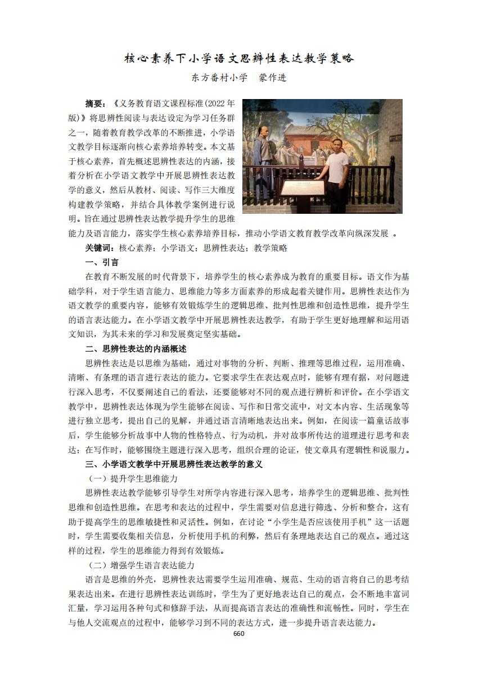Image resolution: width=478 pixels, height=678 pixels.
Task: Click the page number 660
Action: [x=238, y=634]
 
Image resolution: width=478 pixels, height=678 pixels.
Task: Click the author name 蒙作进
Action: [x=273, y=78]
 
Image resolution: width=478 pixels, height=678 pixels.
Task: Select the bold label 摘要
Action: [x=94, y=104]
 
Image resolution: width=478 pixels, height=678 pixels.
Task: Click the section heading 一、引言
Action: [x=102, y=262]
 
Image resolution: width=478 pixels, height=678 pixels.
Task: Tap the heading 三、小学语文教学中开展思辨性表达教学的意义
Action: [x=174, y=464]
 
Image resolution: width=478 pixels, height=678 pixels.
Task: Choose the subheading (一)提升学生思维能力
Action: [x=133, y=479]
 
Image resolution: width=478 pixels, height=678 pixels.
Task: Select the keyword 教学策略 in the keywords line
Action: [x=270, y=248]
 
